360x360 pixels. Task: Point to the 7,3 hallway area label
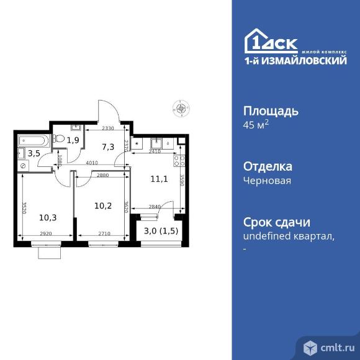point(108,146)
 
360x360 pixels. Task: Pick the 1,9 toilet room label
point(73,140)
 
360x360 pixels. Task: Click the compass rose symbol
point(181,107)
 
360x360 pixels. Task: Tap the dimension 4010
point(93,163)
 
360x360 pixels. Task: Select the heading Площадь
point(270,111)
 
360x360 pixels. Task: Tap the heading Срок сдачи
point(275,223)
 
